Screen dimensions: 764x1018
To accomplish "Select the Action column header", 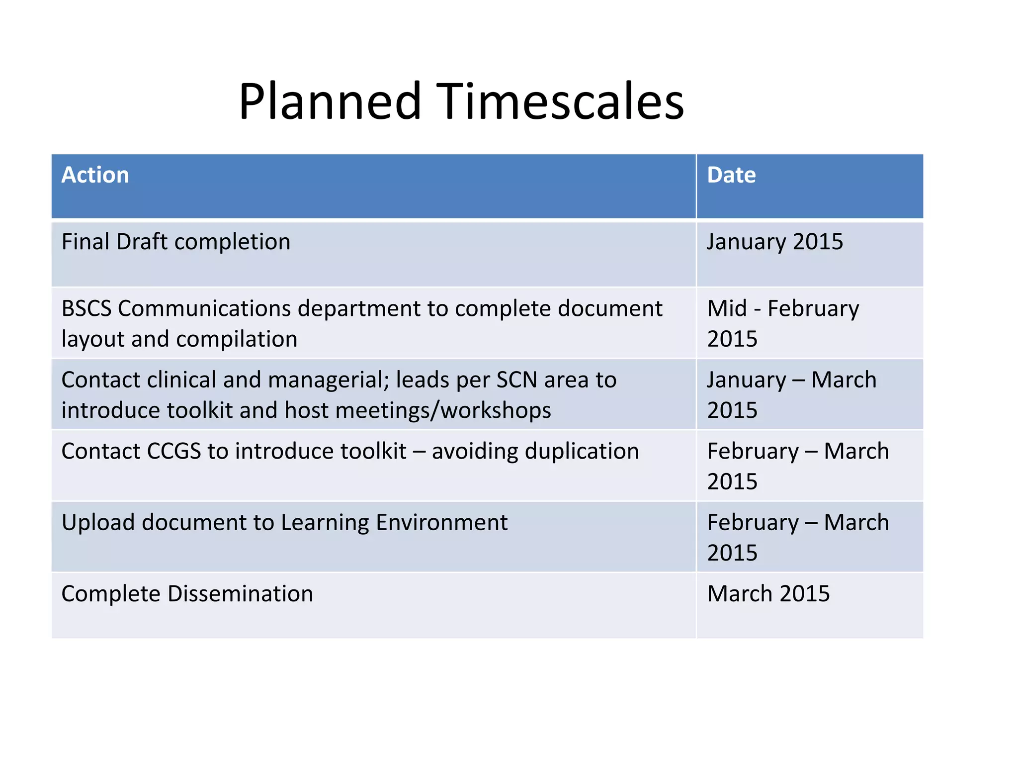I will (95, 175).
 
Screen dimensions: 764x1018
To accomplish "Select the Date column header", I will (731, 175).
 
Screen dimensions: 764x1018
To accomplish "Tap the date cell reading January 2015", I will (774, 242).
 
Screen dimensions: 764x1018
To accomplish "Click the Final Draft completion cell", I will (175, 242).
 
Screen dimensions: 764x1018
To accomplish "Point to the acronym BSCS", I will (86, 308).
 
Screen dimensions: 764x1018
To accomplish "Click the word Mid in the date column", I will (727, 308).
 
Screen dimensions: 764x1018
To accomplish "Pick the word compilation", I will (237, 339).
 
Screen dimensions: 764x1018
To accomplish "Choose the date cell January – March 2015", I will (791, 394).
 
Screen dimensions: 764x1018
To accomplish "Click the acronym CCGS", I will (173, 452).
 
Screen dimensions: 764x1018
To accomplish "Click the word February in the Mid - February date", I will (813, 308).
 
